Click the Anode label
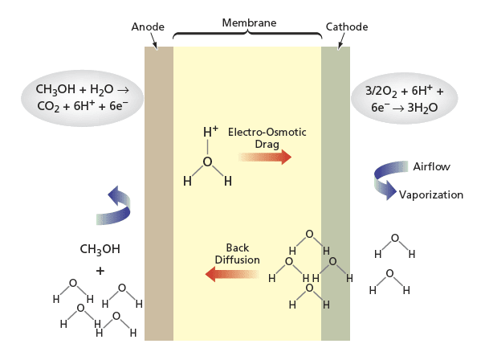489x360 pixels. coord(148,27)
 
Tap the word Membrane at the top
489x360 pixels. coord(249,22)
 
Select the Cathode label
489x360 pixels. coord(347,27)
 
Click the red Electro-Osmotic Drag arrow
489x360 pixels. coord(265,157)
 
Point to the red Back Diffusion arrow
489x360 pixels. coord(232,274)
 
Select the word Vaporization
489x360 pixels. coord(431,194)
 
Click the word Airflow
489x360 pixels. coord(432,166)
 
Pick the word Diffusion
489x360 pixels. coord(238,260)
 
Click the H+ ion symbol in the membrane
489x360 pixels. coord(210,132)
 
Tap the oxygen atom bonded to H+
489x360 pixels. coord(207,162)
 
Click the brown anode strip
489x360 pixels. coord(159,194)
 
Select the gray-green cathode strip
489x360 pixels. coord(336,194)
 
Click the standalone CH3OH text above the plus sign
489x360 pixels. coord(100,249)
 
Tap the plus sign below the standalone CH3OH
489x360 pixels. coord(100,271)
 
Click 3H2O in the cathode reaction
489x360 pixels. coord(422,108)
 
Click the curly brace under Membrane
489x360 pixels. coord(247,34)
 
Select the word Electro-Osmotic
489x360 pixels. coord(267,132)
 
